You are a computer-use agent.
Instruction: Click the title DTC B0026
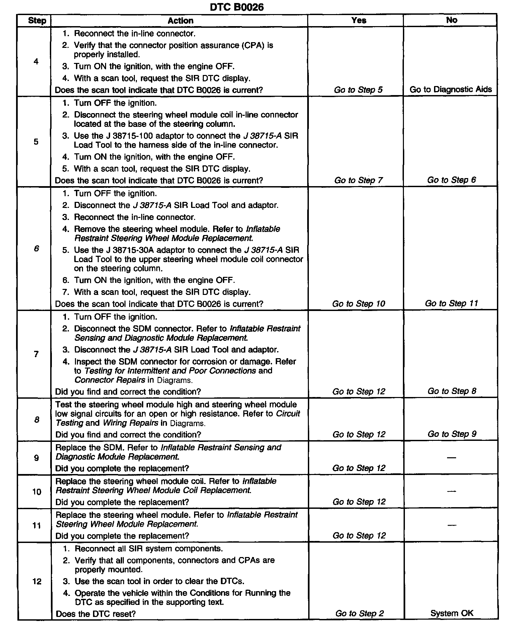pos(237,7)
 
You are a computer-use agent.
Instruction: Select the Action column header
pos(180,21)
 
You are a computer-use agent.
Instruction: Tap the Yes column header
pos(359,20)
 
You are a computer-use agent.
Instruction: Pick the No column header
pos(451,20)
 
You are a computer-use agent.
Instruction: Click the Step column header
pos(37,20)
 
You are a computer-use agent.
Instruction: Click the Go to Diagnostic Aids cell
pos(451,89)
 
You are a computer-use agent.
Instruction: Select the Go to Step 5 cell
pos(358,90)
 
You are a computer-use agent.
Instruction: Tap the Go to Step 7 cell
pos(358,180)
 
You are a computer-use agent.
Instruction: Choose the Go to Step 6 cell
pos(451,180)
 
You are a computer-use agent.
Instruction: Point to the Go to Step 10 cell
pos(358,304)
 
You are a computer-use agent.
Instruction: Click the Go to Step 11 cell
pos(451,303)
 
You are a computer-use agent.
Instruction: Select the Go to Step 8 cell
pos(452,391)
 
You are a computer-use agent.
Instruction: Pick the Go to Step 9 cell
pos(452,434)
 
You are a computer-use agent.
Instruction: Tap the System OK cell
pos(452,613)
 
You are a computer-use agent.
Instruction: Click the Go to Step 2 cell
pos(359,613)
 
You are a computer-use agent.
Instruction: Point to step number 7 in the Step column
pos(36,354)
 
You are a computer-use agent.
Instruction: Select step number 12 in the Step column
pos(37,581)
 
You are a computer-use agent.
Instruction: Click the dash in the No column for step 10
pos(451,491)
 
